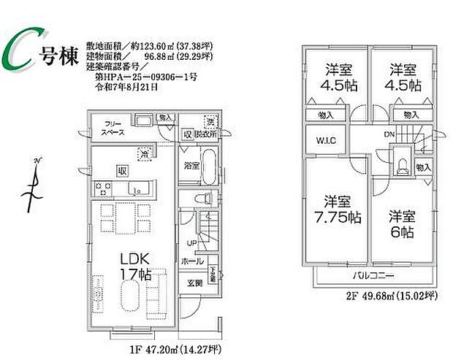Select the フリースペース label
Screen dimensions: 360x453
(113, 129)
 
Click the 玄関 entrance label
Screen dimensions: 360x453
(194, 283)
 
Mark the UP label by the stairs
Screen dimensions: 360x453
(192, 243)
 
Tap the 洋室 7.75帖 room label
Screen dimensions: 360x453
(338, 209)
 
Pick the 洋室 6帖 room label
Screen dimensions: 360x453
(401, 224)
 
